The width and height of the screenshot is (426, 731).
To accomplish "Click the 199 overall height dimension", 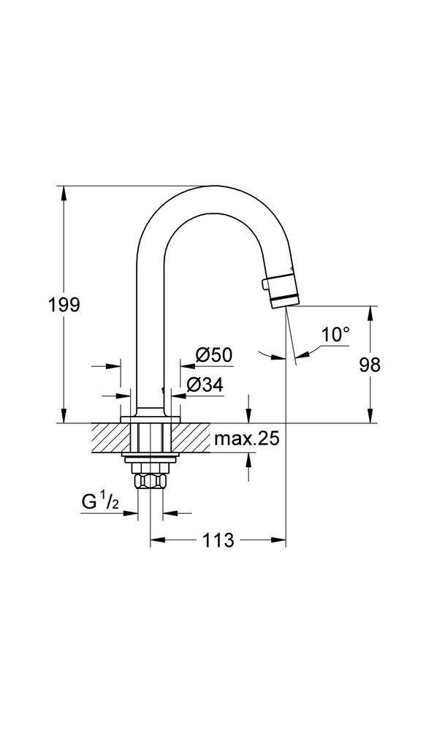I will coord(64,304).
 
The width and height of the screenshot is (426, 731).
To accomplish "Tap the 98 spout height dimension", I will coord(370,364).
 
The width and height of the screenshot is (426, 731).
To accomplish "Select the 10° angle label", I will coord(335,335).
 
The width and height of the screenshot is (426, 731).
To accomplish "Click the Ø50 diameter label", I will coord(213,355).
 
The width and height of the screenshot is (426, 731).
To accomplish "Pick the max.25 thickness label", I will coord(247,439).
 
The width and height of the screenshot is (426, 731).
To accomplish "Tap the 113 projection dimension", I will coord(218,540).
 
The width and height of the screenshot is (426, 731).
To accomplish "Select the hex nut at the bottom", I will coord(151,482).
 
